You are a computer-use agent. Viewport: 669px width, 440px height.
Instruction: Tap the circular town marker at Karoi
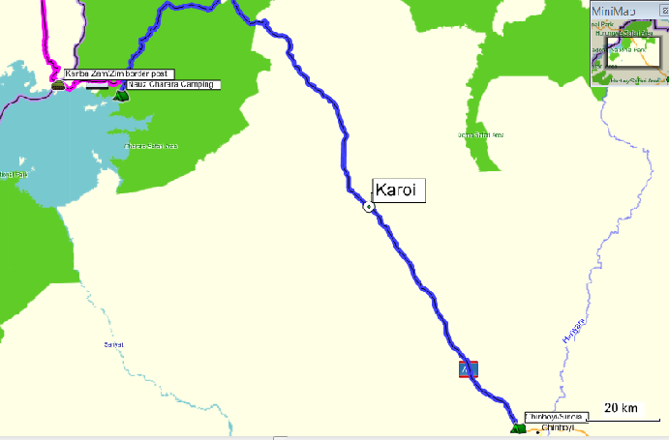[369, 206]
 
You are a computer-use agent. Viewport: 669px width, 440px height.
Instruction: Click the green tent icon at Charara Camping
[121, 94]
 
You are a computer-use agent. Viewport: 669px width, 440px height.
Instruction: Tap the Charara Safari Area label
[152, 146]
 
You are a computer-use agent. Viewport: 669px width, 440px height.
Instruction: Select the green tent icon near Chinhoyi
[514, 426]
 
